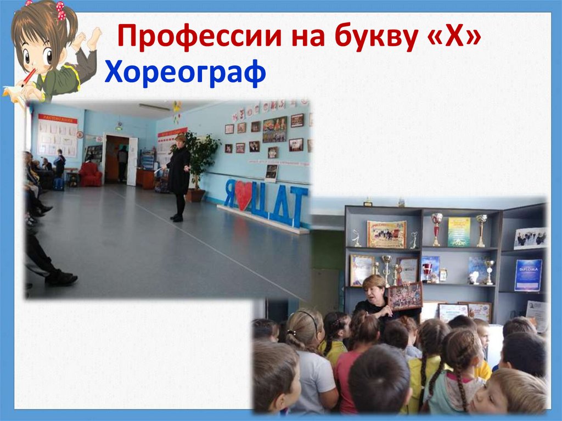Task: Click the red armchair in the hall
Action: (90, 175)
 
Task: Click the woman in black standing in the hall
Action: (178, 176)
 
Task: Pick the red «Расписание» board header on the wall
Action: (58, 119)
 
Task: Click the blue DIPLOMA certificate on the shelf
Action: (528, 275)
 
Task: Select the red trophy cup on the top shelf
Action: (437, 228)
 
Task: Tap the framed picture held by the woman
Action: (405, 296)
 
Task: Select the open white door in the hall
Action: (132, 161)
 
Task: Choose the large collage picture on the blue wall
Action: (274, 130)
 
